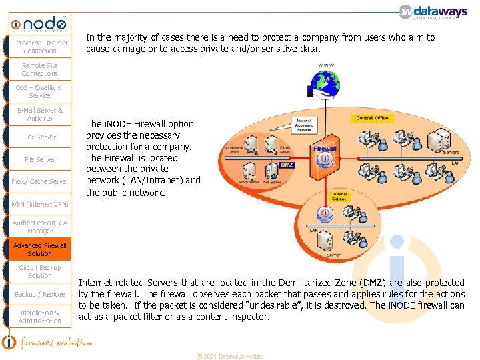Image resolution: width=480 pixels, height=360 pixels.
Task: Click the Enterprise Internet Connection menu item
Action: [x=40, y=47]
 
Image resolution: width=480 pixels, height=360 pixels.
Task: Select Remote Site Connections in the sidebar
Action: [x=40, y=69]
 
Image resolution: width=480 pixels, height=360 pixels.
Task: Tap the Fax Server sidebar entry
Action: [x=40, y=137]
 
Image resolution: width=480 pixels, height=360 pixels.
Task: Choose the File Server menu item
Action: [x=40, y=159]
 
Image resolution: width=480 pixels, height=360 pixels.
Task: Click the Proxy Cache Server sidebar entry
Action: [x=40, y=181]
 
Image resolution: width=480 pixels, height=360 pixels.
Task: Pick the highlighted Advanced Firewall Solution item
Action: [x=40, y=249]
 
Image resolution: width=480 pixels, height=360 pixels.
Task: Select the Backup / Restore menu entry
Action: [x=40, y=294]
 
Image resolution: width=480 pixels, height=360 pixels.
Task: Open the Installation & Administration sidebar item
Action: [x=40, y=317]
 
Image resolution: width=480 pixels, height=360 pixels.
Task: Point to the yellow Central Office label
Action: [x=371, y=118]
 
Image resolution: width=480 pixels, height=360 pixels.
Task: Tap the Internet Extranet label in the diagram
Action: [x=339, y=196]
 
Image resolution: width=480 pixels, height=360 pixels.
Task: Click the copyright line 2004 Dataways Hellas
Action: [x=229, y=356]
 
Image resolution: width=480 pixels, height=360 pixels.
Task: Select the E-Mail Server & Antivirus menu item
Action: [x=40, y=114]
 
